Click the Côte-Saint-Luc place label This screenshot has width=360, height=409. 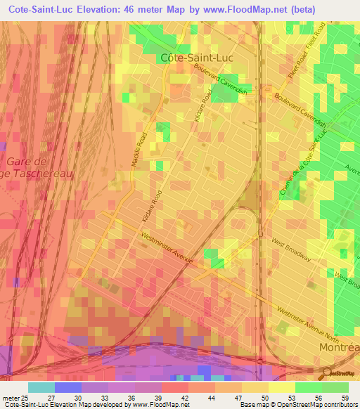(x=196, y=58)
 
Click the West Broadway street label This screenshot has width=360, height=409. (x=291, y=249)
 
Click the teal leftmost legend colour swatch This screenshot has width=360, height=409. (x=41, y=387)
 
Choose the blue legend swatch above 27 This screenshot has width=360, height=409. (x=67, y=387)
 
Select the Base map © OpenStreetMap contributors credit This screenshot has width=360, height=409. (x=297, y=405)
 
